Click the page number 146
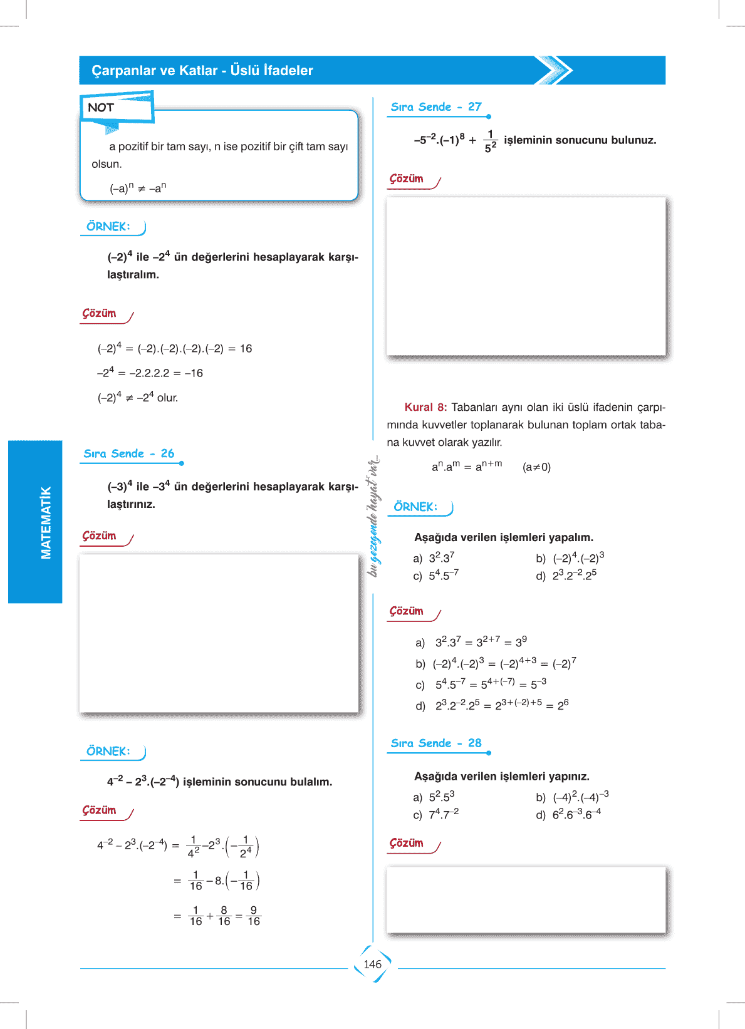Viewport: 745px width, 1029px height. [x=372, y=964]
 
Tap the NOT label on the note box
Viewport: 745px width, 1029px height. [x=101, y=108]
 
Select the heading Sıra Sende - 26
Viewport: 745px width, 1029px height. [x=129, y=453]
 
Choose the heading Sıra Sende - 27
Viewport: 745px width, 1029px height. [x=436, y=106]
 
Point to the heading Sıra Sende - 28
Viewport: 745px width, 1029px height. [x=436, y=743]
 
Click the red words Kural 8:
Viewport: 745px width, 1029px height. [x=425, y=407]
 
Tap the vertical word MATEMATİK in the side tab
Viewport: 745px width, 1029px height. [x=46, y=522]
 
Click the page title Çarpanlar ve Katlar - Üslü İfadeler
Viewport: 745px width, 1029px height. [x=202, y=70]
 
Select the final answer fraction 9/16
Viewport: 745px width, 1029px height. [x=253, y=916]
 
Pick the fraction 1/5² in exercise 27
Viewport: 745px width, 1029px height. [x=491, y=141]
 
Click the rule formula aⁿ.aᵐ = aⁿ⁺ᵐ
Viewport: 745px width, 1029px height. [x=467, y=467]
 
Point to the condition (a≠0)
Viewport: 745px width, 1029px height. [x=536, y=467]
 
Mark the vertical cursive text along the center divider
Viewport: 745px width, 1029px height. [x=373, y=515]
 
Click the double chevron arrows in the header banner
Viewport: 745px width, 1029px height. [x=554, y=70]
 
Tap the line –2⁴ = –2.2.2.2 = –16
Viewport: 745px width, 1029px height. [x=150, y=373]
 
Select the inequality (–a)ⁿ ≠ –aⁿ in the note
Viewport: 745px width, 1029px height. [x=138, y=188]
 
